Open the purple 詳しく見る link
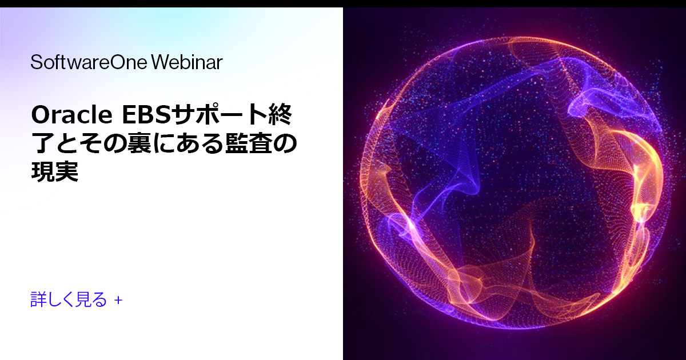(69, 299)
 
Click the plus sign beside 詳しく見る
(118, 299)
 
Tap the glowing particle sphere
(514, 183)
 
